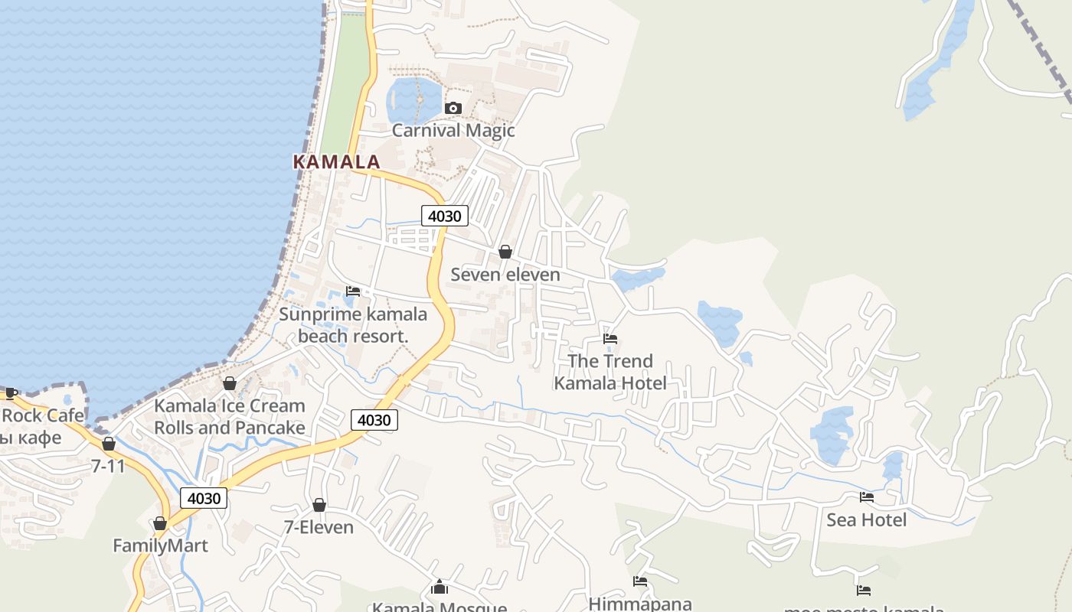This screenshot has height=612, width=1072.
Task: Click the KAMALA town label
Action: coord(336,161)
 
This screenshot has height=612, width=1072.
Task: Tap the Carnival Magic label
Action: coord(453,130)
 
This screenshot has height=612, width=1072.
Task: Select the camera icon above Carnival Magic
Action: coord(453,108)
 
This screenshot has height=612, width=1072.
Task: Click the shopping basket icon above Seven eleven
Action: coord(505,252)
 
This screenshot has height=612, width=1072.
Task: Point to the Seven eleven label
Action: coord(505,274)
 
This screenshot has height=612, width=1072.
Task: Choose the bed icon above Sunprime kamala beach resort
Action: coord(353,291)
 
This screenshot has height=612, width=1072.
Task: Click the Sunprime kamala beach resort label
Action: coord(353,324)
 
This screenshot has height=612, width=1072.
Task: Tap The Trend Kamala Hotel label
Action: coord(610,372)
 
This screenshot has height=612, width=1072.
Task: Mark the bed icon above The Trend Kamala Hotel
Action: coord(610,338)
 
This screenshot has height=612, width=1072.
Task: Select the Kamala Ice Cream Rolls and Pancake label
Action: coord(230,416)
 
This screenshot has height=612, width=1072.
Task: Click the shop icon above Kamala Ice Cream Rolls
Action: coord(229,383)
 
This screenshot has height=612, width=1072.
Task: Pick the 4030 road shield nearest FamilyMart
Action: coord(204,498)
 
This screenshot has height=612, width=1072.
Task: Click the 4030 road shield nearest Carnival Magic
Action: coord(444,216)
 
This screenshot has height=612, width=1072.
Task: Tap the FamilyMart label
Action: coord(160,545)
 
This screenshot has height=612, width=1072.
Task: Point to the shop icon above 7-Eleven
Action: coord(319,505)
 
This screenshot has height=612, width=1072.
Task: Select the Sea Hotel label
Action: coord(867,519)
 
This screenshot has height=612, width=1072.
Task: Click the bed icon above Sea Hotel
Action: coord(867,497)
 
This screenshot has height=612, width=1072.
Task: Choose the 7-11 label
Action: coord(108,465)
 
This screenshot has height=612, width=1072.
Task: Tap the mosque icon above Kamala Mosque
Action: coord(440,587)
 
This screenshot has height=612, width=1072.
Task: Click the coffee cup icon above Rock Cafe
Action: coord(11,393)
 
